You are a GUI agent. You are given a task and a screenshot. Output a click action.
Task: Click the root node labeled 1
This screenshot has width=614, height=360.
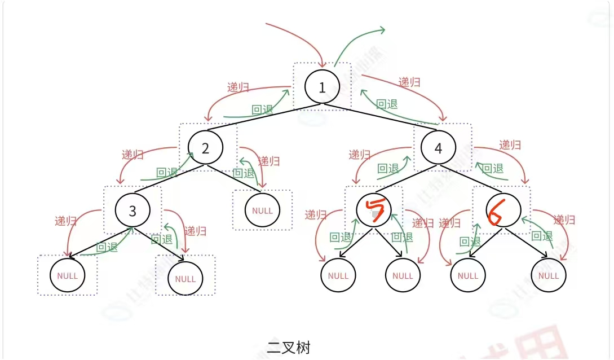322,87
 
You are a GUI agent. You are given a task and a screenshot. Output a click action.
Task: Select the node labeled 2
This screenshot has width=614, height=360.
205,148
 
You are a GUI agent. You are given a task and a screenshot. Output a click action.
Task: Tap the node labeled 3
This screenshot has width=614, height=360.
132,210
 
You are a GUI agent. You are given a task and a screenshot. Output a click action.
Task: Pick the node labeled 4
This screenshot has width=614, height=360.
439,148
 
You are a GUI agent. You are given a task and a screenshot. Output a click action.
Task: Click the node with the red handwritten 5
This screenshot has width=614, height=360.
374,210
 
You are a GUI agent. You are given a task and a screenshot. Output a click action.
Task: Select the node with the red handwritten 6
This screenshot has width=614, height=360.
503,210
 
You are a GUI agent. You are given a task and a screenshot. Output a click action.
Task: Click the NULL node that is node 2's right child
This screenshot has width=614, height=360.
262,210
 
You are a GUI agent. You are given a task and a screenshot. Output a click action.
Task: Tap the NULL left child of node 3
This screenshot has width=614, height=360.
67,276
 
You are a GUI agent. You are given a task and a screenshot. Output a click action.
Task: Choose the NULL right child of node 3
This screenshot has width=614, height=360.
185,279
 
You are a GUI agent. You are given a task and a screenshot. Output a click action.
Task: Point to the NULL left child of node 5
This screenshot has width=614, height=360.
338,276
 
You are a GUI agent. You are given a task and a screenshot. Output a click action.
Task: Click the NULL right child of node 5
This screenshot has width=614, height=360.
403,276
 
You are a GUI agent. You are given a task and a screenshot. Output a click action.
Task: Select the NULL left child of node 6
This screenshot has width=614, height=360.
468,276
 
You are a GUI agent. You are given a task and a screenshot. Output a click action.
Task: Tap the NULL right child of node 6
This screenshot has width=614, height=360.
549,276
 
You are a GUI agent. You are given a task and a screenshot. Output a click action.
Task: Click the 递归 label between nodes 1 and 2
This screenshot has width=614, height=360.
238,87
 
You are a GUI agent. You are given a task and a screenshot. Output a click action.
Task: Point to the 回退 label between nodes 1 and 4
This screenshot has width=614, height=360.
387,104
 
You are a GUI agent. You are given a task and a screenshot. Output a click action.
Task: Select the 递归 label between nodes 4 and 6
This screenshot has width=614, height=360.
510,144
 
